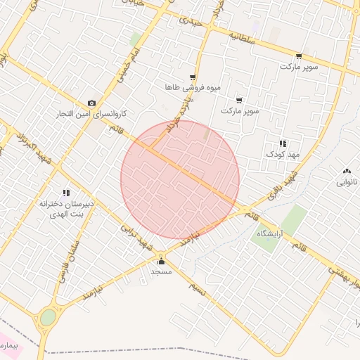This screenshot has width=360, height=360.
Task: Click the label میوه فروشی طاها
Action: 193,87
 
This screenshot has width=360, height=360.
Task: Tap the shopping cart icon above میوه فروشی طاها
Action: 193,77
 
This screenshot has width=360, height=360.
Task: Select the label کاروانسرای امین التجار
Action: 91,113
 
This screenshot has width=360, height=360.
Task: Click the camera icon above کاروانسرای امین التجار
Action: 91,103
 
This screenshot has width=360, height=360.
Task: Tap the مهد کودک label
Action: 283,153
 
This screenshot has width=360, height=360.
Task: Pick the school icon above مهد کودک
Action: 283,143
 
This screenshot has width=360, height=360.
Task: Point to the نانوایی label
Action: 347,182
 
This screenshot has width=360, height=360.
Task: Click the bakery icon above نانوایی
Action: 347,172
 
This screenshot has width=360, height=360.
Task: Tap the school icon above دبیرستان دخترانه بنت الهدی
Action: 66,193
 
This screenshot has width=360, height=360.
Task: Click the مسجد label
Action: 161,271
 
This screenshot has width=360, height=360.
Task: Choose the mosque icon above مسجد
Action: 161,261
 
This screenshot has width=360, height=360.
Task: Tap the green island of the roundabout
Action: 47,318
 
